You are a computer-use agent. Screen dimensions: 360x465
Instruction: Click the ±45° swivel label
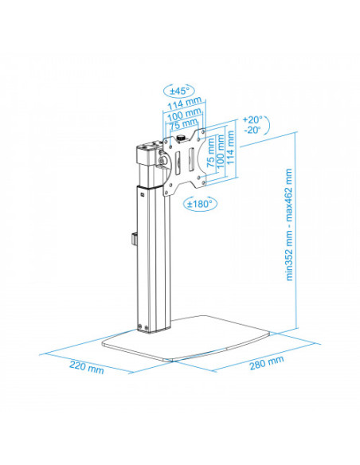pos(178,91)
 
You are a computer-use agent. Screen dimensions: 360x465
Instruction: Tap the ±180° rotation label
pos(200,204)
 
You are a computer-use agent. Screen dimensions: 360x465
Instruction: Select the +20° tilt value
pos(252,119)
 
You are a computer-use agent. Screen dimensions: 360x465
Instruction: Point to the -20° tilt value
pos(252,130)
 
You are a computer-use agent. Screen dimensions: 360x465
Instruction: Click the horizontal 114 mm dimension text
pos(185,103)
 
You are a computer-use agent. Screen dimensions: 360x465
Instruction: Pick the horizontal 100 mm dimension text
pos(184,114)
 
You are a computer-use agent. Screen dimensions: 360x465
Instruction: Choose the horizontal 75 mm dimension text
pos(183,123)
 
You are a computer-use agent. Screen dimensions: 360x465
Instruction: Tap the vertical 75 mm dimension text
pos(210,152)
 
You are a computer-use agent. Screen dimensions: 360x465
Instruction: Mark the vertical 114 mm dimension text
pos(230,147)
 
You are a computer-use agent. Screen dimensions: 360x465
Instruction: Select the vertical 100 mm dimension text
pos(221,151)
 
